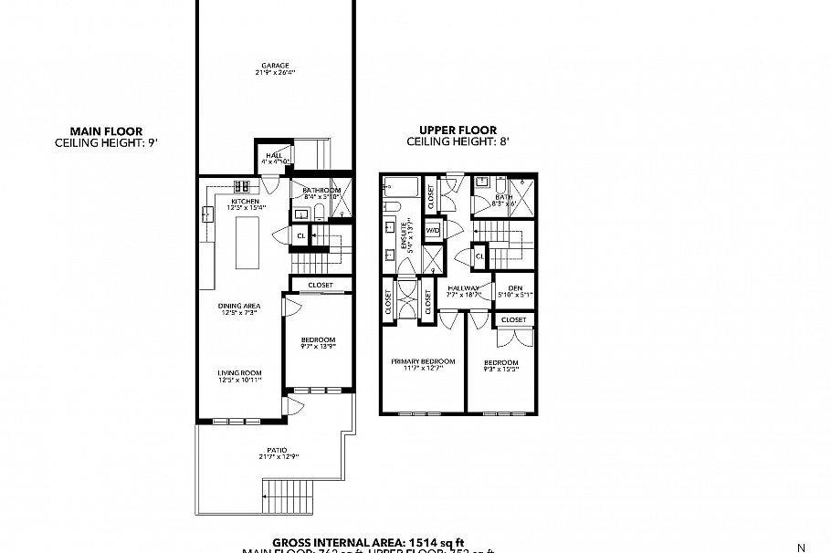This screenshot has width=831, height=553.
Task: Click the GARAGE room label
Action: (x=275, y=66)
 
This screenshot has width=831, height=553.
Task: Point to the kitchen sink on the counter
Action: (x=206, y=214)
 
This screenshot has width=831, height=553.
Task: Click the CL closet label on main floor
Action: (x=301, y=236)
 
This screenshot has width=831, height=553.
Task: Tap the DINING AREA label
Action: (x=237, y=306)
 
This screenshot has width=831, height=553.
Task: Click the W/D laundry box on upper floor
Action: (x=432, y=230)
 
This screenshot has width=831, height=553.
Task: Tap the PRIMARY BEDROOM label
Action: (x=422, y=360)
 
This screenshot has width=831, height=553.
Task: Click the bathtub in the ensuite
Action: (x=401, y=191)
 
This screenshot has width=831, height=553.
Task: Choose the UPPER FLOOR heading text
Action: (x=457, y=130)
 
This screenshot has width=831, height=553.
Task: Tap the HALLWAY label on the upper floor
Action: (x=464, y=288)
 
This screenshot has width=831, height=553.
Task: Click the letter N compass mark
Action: (x=801, y=548)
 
